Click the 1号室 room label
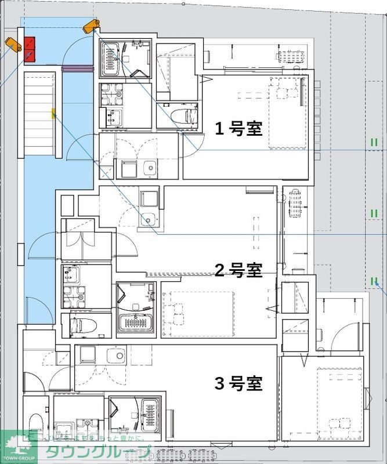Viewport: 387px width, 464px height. tap(239, 128)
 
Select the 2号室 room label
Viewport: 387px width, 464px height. tap(238, 270)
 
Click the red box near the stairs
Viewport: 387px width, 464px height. tap(30, 49)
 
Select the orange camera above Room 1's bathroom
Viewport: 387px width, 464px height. tap(91, 26)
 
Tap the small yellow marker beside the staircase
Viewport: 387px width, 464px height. tap(53, 113)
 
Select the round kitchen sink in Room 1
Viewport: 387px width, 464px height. tap(150, 169)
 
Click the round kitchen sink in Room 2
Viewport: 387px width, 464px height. tap(148, 219)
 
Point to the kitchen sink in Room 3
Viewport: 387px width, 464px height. tap(119, 356)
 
